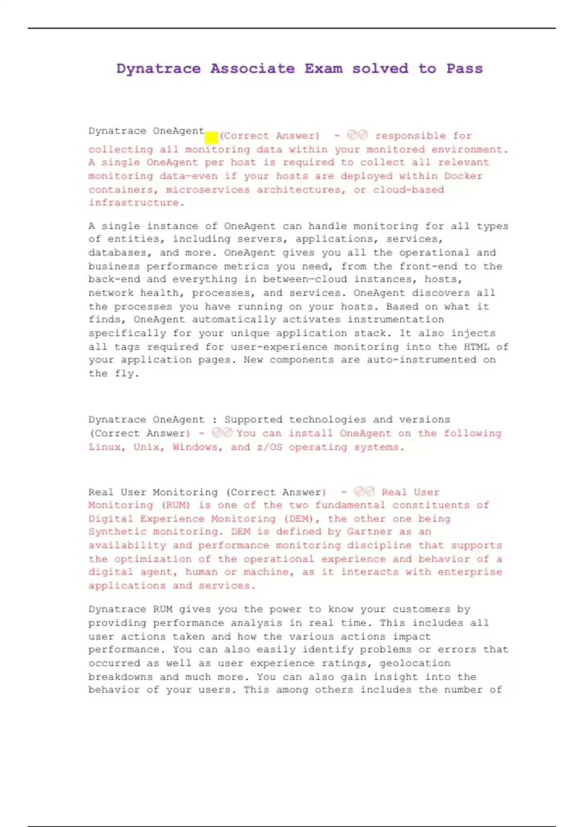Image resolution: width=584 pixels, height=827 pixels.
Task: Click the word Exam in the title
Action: [x=323, y=69]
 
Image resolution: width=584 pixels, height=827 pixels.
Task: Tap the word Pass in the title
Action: [x=464, y=69]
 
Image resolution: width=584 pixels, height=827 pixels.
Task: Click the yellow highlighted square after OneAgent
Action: [x=211, y=137]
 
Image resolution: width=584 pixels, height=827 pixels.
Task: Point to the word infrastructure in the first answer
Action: [x=133, y=203]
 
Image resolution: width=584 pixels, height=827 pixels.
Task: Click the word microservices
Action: [x=208, y=190]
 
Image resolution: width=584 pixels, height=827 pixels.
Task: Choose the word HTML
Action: [x=476, y=347]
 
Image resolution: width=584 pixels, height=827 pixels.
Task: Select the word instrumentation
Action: [x=395, y=320]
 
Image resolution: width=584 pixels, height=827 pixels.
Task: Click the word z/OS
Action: [x=269, y=447]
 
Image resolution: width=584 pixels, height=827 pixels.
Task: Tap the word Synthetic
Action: [x=117, y=532]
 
